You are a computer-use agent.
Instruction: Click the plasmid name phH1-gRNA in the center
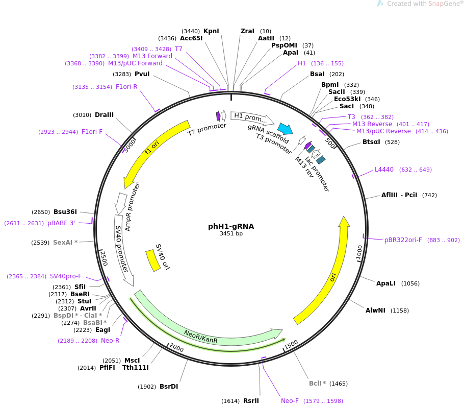[x=231, y=226]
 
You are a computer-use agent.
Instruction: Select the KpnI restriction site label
[x=211, y=31]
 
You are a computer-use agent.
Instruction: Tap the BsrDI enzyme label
[x=169, y=387]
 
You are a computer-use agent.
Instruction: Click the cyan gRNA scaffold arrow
[x=285, y=129]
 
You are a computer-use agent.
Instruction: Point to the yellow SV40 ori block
[x=153, y=260]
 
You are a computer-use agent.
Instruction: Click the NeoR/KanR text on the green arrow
[x=200, y=337]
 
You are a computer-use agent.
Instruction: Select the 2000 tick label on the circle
[x=176, y=347]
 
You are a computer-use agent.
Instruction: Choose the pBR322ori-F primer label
[x=403, y=240]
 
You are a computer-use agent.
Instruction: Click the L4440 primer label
[x=384, y=170]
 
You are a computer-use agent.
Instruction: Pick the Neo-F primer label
[x=290, y=401]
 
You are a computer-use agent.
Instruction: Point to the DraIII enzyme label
[x=104, y=115]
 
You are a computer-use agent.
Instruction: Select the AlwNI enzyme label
[x=375, y=311]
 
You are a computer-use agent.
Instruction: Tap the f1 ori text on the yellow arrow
[x=152, y=148]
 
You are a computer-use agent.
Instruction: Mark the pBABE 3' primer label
[x=61, y=223]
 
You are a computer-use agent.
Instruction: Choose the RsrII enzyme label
[x=251, y=401]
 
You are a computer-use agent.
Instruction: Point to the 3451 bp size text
[x=231, y=233]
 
